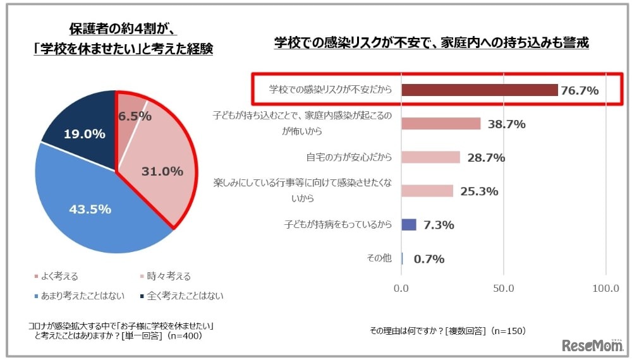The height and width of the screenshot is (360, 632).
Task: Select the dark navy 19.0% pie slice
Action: [82, 133]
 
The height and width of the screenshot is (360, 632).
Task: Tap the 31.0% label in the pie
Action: [162, 171]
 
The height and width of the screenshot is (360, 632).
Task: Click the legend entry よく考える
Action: [57, 276]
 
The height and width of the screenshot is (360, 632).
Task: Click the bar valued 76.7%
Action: [479, 90]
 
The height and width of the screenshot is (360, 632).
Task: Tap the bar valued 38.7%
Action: [441, 124]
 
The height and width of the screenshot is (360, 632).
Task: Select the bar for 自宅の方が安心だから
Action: [430, 157]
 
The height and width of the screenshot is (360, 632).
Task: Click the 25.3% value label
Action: [478, 191]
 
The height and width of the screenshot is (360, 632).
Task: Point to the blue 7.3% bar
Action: [409, 224]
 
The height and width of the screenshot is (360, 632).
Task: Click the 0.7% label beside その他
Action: [429, 259]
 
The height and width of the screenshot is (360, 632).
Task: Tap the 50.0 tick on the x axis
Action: [504, 289]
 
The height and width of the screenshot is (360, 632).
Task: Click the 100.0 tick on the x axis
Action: [605, 289]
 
